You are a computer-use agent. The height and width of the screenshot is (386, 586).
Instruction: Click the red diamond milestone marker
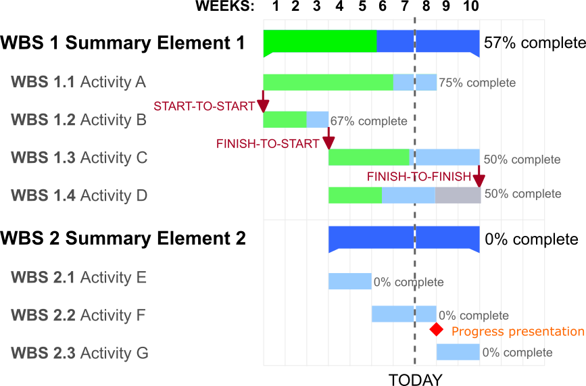point(437,330)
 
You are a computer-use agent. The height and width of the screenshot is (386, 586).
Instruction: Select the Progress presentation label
point(517,332)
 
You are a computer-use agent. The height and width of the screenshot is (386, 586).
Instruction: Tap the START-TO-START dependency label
point(204,106)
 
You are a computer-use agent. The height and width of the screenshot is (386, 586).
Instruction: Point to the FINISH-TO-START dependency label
point(268,143)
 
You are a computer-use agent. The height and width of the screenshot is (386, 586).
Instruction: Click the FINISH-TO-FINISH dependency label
point(419,176)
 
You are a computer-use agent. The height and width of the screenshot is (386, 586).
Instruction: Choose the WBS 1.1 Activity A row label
point(78,82)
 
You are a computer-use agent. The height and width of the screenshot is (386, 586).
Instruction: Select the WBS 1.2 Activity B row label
point(78,120)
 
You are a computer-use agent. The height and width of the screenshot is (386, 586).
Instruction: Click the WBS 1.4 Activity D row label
point(78,196)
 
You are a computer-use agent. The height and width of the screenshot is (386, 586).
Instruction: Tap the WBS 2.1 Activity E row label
point(78,278)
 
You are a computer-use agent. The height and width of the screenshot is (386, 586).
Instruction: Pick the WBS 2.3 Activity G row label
point(78,353)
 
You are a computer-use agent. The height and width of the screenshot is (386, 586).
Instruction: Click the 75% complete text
point(477,83)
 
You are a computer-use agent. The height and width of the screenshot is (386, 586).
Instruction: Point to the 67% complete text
point(369,121)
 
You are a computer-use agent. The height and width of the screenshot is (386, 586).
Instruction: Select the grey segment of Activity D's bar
point(458,195)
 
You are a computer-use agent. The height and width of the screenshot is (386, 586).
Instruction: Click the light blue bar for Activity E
point(349,281)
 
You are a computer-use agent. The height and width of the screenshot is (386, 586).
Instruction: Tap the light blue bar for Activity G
point(458,352)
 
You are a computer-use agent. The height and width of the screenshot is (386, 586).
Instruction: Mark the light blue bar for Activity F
point(404,314)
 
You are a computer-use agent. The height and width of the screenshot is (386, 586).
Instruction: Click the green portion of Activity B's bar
point(285,120)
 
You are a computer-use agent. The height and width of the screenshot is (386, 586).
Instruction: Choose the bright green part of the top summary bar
point(320,41)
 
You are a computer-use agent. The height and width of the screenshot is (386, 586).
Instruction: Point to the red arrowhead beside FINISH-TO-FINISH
point(479,180)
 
